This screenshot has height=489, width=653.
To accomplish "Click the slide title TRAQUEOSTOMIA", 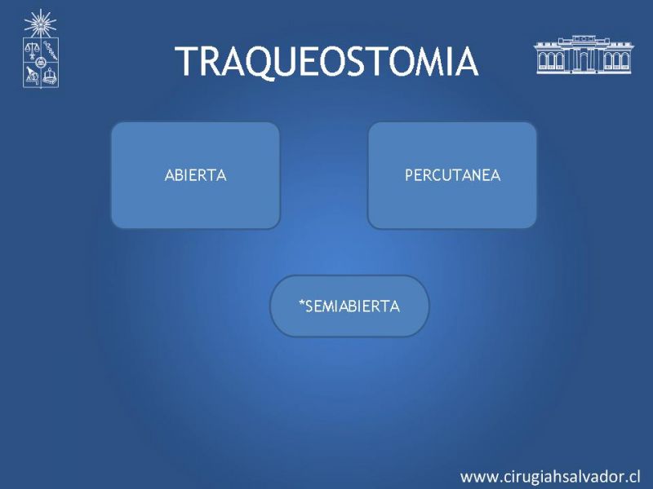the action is (326, 62).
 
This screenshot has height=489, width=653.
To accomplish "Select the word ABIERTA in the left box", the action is (195, 175).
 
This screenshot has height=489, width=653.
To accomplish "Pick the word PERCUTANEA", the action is (453, 175).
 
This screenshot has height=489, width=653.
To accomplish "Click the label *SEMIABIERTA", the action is (349, 306).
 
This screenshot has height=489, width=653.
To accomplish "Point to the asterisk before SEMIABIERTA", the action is (302, 303).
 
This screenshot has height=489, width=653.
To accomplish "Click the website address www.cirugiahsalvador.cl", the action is (550, 477).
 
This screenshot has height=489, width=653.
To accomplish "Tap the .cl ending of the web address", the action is (632, 477).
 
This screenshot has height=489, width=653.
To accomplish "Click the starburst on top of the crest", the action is (40, 24).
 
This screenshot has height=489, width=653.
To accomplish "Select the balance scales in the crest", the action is (31, 51).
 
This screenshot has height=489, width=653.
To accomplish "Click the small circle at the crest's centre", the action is (40, 63).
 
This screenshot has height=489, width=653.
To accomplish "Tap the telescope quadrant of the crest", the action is (32, 75).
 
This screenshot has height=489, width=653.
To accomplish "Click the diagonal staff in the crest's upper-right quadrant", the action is (50, 51).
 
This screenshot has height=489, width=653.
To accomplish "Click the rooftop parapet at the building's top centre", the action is (584, 39).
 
